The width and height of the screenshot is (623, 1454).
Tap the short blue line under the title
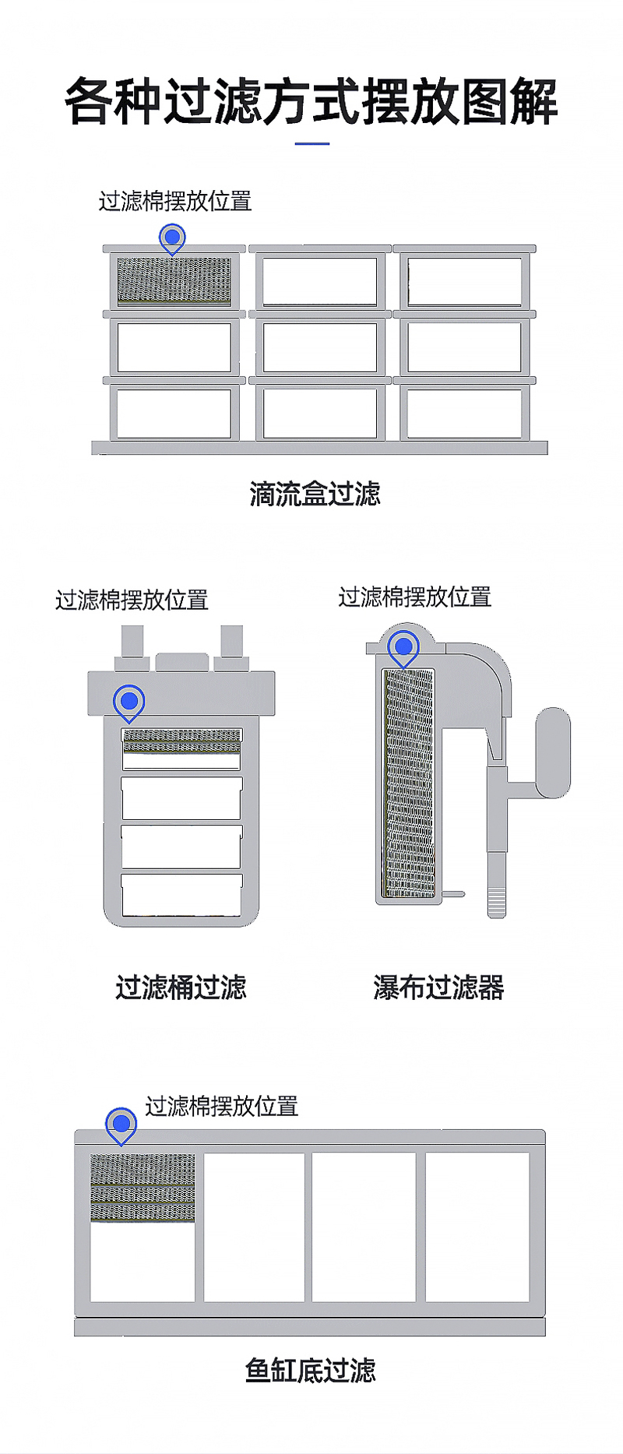tap(312, 144)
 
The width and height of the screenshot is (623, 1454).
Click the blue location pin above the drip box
tap(172, 237)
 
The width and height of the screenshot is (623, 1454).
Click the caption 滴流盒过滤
tap(315, 494)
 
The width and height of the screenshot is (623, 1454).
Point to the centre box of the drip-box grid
tap(319, 347)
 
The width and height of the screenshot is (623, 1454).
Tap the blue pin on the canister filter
tap(129, 701)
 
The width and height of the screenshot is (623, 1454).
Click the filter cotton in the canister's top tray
tap(181, 741)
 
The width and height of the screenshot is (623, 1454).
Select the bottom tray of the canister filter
tap(181, 895)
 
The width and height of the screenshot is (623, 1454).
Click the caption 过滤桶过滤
tap(181, 988)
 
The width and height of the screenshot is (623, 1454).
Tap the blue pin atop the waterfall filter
tap(403, 646)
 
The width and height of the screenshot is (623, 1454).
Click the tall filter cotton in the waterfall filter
tap(409, 783)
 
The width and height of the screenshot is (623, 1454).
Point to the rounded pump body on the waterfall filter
tap(553, 752)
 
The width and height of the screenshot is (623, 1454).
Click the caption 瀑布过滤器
tap(438, 988)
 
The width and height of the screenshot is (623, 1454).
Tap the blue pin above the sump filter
tap(121, 1124)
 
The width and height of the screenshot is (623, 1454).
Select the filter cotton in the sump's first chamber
tap(143, 1188)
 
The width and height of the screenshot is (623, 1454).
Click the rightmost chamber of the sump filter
tap(477, 1227)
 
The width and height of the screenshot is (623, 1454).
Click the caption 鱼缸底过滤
tap(311, 1370)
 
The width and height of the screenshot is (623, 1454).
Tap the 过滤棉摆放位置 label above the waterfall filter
tap(414, 597)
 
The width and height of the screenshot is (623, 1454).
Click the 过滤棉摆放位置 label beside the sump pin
tap(222, 1106)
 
